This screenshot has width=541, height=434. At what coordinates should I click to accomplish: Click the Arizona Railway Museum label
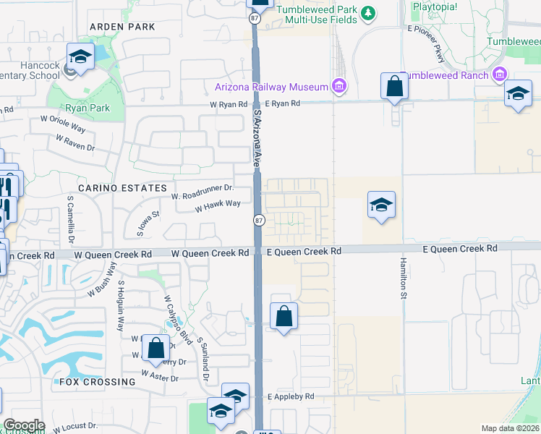(x=272, y=87)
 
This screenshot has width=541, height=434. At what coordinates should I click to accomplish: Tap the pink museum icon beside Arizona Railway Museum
(x=338, y=87)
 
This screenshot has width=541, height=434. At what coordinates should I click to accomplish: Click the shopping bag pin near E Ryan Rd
(x=395, y=87)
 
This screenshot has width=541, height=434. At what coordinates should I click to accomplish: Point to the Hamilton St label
(x=402, y=278)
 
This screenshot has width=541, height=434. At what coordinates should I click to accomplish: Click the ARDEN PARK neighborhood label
(x=122, y=27)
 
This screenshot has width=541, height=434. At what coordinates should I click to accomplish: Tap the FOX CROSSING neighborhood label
(x=97, y=381)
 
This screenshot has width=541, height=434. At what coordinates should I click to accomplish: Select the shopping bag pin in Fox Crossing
(x=156, y=348)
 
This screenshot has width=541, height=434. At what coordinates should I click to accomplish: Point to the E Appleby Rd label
(x=291, y=396)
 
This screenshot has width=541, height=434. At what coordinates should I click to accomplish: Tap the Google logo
(x=24, y=425)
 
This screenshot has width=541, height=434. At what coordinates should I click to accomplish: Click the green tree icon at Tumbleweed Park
(x=368, y=13)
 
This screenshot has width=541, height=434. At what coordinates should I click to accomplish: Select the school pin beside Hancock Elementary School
(x=80, y=57)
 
